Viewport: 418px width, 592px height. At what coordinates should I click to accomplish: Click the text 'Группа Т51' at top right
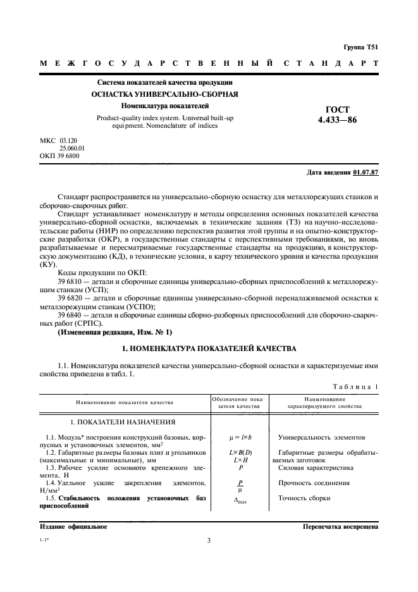pos(360,47)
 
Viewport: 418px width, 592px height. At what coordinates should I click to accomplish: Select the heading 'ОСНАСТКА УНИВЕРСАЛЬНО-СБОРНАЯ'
pos(164,94)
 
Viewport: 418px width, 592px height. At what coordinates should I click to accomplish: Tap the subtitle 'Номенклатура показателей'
pos(165,106)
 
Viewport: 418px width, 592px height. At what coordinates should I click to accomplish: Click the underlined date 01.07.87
pos(365,171)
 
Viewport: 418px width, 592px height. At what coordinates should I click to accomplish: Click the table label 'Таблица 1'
pos(355,386)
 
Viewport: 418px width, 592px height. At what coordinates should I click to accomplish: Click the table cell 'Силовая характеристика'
pos(316,468)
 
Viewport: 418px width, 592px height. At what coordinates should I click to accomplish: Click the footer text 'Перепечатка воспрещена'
pos(340,526)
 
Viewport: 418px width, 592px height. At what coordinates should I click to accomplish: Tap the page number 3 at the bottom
pos(209,540)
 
